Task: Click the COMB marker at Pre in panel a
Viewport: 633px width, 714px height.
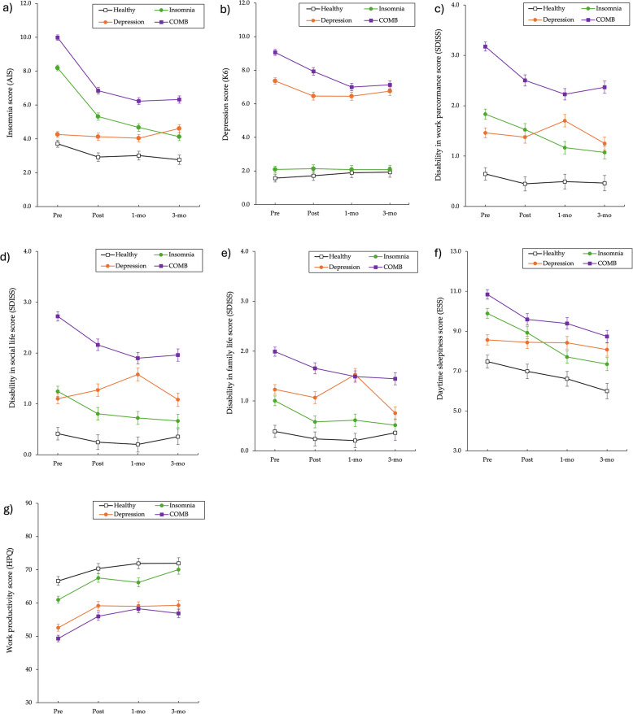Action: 58,37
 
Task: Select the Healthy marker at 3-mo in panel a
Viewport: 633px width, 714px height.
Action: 178,159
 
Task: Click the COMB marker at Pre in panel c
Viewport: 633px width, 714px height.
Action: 485,46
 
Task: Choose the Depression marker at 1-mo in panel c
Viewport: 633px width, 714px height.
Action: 564,120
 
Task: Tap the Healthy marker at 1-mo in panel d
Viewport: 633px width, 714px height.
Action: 138,444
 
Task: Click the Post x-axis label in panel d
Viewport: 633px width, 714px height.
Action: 98,464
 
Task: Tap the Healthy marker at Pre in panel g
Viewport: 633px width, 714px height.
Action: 58,581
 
